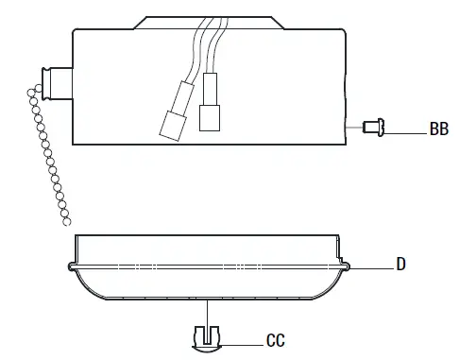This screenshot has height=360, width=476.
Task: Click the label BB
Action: point(438,129)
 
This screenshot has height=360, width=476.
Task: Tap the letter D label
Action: point(401,265)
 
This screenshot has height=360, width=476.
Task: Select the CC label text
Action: point(276,340)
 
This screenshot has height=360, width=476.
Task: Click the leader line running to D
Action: point(373,267)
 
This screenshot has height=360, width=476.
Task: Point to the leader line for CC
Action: point(241,340)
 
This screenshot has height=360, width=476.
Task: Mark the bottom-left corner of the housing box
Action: point(74,143)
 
